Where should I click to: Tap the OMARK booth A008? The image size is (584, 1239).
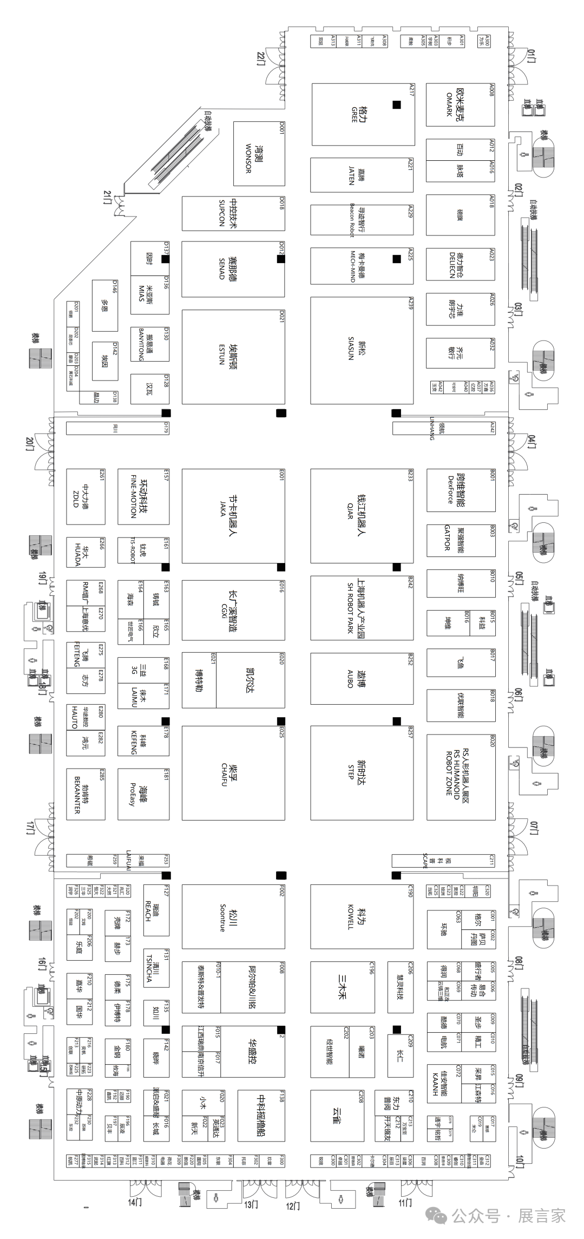[455, 105]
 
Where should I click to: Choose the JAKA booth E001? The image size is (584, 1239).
[228, 515]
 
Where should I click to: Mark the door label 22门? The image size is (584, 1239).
[262, 58]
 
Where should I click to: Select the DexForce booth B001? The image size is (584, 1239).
[455, 489]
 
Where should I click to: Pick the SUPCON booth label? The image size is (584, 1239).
[228, 213]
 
